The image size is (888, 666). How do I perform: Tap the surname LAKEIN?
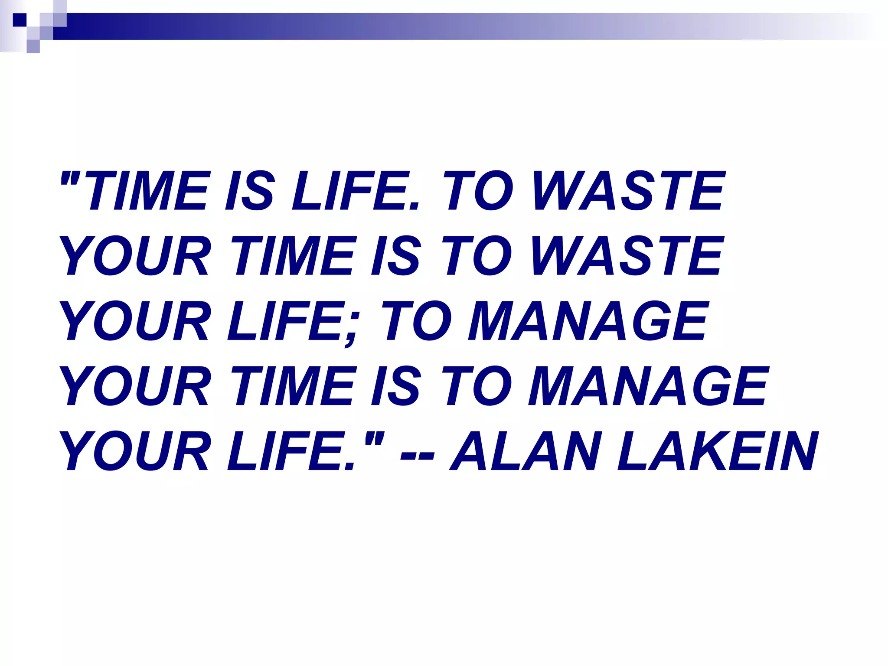[718, 451]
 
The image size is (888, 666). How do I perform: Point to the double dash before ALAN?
[417, 455]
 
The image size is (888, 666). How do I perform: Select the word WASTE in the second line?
[627, 256]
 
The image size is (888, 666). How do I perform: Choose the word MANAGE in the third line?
[588, 321]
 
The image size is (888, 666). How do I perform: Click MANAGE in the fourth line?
[648, 386]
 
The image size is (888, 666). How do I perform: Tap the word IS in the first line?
[249, 191]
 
